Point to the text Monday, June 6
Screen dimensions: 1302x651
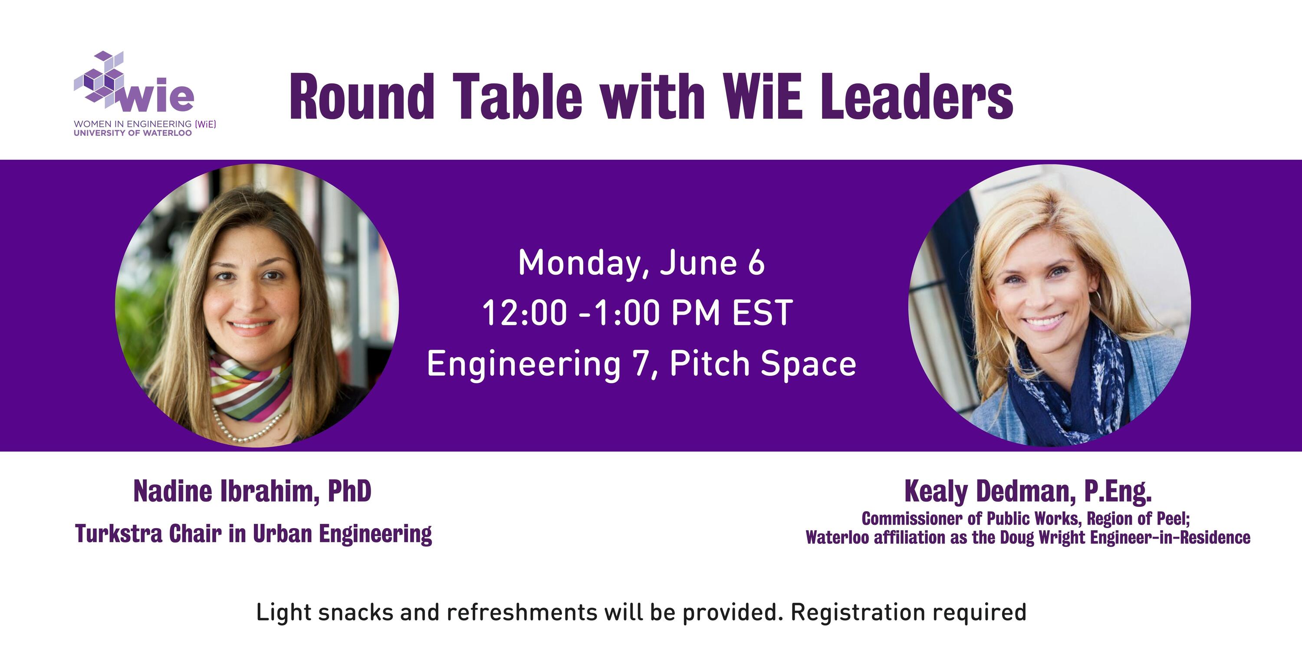click(641, 264)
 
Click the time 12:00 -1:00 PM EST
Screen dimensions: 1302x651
click(638, 313)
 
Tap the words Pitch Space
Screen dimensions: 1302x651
click(763, 364)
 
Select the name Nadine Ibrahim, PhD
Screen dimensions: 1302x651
click(252, 491)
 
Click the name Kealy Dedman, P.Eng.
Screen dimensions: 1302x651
click(1028, 491)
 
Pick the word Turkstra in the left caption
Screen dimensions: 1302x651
click(119, 534)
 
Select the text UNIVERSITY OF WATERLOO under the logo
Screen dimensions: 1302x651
click(133, 133)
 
